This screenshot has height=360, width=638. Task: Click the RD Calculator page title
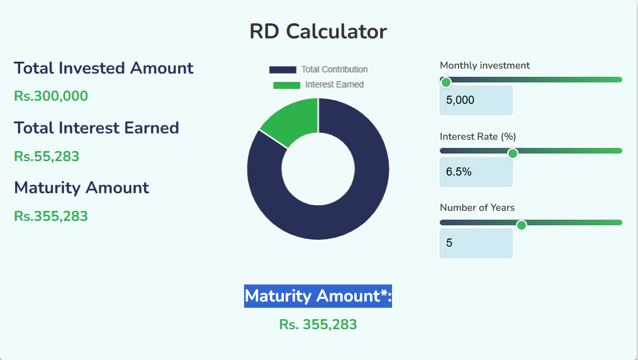[x=318, y=31]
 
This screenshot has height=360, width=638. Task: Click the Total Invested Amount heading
[x=104, y=68]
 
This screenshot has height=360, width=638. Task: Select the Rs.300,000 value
[x=51, y=96]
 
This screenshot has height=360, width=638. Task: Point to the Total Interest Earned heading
[x=96, y=128]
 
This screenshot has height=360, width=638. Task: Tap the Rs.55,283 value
[x=47, y=156]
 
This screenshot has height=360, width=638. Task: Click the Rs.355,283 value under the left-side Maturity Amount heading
[x=51, y=217]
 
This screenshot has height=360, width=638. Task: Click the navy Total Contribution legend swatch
[x=283, y=70]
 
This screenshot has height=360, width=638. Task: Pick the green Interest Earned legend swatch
[x=286, y=85]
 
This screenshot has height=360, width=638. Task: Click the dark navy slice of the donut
[x=352, y=201]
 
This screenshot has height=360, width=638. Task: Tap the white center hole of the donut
[x=318, y=169]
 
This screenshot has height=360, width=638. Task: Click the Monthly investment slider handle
[x=446, y=82]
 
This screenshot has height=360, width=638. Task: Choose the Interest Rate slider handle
[x=513, y=153]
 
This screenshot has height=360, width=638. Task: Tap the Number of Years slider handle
[x=521, y=225]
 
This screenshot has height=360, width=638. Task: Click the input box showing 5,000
[x=476, y=100]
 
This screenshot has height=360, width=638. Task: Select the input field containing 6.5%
[x=476, y=172]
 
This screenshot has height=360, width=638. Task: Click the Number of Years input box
[x=476, y=243]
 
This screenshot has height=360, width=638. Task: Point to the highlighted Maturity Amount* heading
[x=318, y=296]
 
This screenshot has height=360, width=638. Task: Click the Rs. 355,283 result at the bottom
[x=318, y=325]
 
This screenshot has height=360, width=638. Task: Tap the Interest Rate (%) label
[x=478, y=137]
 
